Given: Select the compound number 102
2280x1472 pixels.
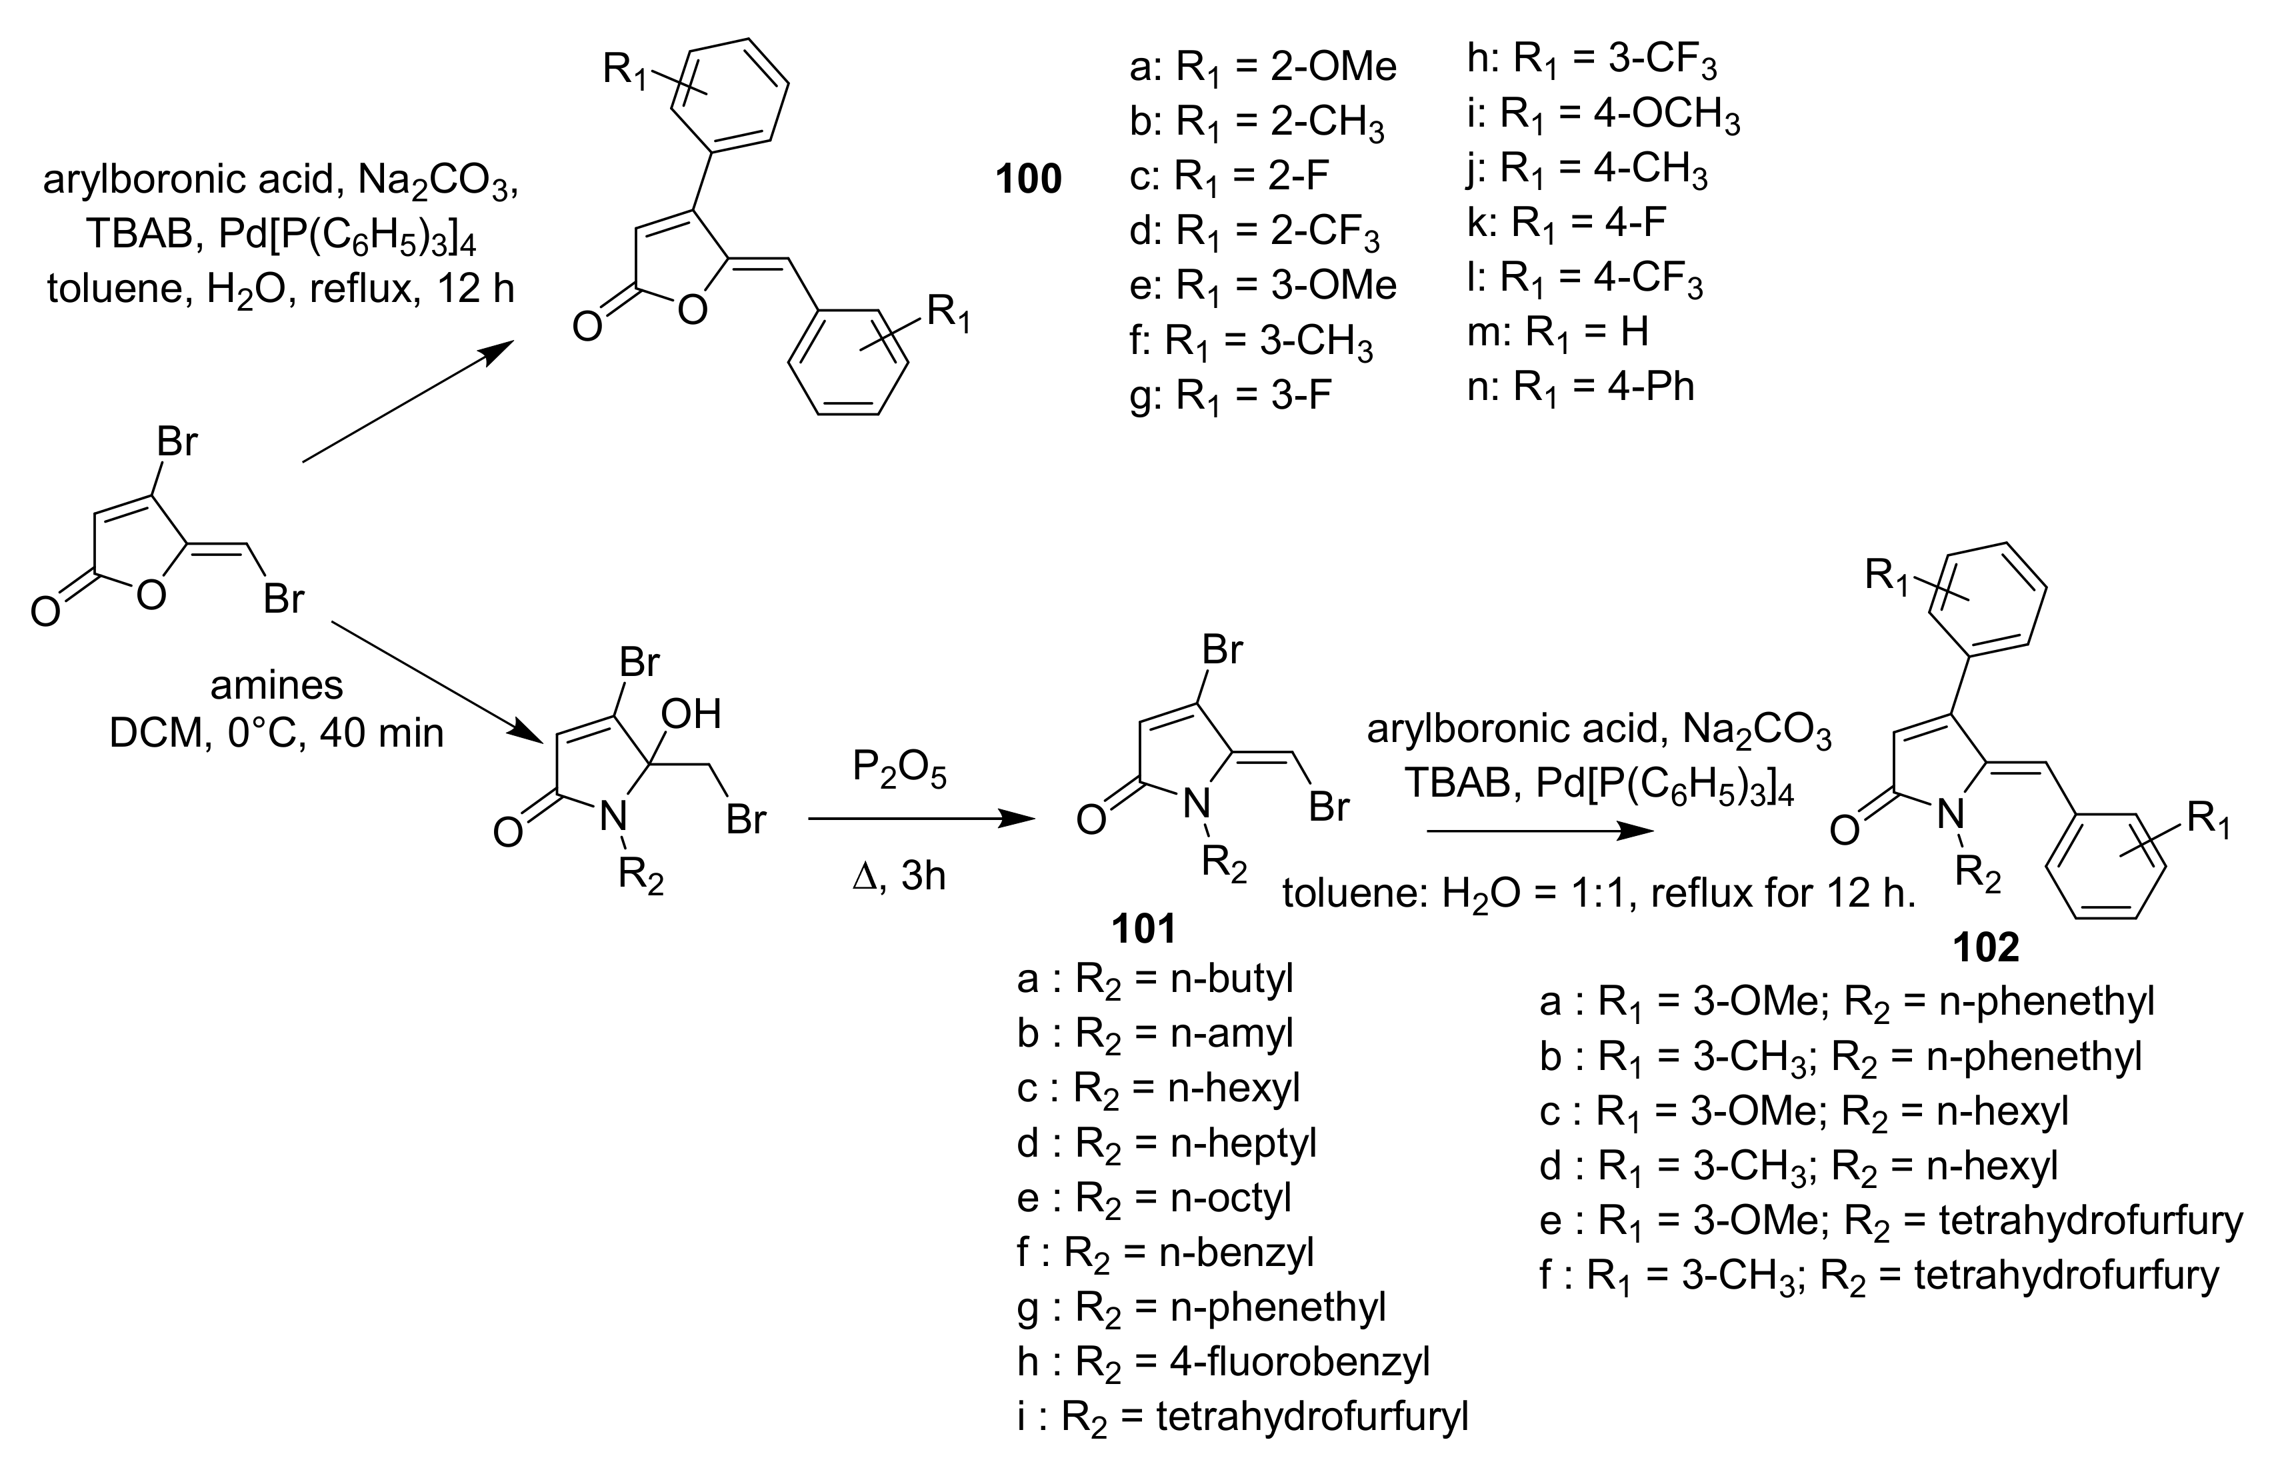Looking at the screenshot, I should click(x=1986, y=946).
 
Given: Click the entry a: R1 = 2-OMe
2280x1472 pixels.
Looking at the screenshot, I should click(x=1262, y=67).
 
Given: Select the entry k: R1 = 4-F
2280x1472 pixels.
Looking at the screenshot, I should click(x=1567, y=223).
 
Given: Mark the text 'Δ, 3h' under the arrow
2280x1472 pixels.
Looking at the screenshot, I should click(x=898, y=875).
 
